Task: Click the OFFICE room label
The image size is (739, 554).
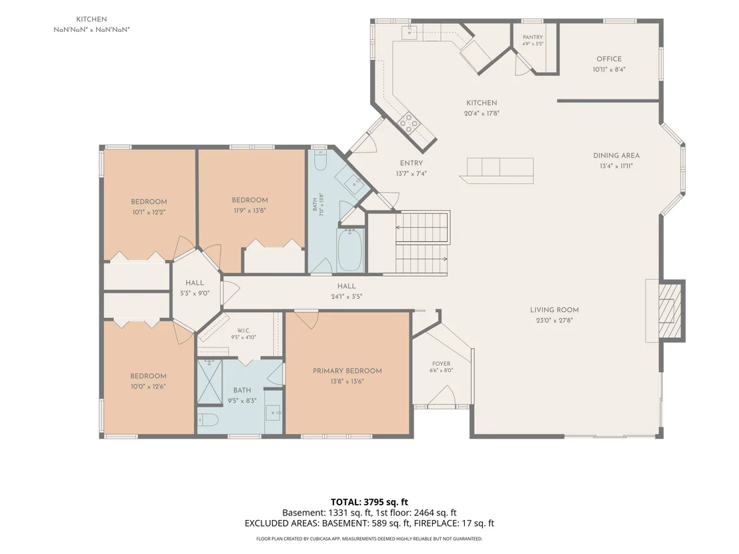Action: coord(609,59)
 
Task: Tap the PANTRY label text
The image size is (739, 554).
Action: coord(532,37)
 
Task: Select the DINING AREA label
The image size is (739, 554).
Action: coord(616,155)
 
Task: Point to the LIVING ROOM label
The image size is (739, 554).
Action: coord(554,310)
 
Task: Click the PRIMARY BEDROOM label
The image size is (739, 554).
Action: coord(347,371)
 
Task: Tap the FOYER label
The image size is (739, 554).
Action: coord(441,364)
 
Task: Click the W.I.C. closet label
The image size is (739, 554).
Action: coord(243,331)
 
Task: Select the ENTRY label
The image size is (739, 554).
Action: coord(412,163)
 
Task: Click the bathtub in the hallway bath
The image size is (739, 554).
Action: coord(349,250)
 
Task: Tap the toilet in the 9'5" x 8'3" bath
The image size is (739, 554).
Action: coord(207,419)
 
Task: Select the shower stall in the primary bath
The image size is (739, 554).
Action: coord(209,381)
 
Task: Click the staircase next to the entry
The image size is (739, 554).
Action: coord(422,243)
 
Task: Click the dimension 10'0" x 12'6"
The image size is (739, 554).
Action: coord(149,387)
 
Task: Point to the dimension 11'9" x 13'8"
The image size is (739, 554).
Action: coord(250,211)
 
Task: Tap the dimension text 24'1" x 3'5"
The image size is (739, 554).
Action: coord(346,297)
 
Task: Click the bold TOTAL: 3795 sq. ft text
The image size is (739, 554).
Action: coord(369,502)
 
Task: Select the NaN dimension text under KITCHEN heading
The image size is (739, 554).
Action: coord(91,30)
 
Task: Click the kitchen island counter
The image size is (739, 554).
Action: coord(497,171)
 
